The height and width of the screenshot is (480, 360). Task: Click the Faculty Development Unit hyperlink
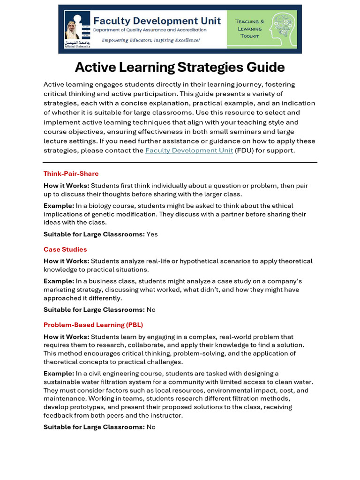pyautogui.click(x=189, y=150)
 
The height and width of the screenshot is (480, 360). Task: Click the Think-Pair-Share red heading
pyautogui.click(x=71, y=173)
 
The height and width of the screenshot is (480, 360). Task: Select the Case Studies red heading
pyautogui.click(x=65, y=249)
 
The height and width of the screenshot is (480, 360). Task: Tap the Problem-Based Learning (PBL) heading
pyautogui.click(x=93, y=325)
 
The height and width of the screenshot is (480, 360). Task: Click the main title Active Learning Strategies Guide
pyautogui.click(x=180, y=67)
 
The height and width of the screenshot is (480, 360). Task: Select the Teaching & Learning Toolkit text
pyautogui.click(x=249, y=28)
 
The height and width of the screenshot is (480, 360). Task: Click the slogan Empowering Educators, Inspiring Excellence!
pyautogui.click(x=150, y=40)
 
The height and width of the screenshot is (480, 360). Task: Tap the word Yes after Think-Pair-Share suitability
pyautogui.click(x=152, y=234)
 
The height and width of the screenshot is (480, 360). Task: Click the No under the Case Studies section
pyautogui.click(x=151, y=310)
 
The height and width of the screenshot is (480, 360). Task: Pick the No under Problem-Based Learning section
pyautogui.click(x=151, y=427)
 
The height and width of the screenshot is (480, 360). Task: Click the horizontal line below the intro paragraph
pyautogui.click(x=180, y=162)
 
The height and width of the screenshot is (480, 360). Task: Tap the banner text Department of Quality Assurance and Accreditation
pyautogui.click(x=150, y=30)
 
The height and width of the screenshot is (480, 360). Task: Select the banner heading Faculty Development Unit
pyautogui.click(x=157, y=21)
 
